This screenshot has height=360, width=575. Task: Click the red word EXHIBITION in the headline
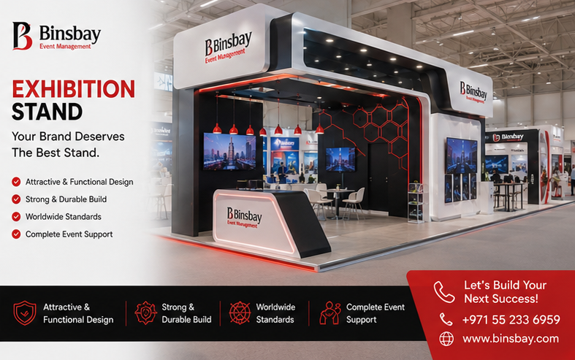(x=73, y=89)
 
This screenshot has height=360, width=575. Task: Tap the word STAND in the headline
(x=47, y=112)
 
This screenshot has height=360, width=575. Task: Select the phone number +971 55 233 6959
(x=511, y=320)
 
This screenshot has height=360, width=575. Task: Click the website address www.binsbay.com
(x=511, y=338)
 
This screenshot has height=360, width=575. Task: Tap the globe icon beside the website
(x=446, y=339)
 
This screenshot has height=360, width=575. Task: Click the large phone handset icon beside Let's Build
(x=444, y=292)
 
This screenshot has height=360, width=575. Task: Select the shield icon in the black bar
(x=25, y=313)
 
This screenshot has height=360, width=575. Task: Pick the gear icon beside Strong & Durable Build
(x=145, y=313)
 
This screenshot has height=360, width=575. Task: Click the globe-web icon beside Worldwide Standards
(x=240, y=313)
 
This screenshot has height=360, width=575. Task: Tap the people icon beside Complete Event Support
(x=330, y=313)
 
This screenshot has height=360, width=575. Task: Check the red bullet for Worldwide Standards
(x=16, y=217)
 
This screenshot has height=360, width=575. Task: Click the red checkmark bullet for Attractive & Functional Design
(x=16, y=182)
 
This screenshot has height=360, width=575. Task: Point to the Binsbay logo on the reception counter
(x=244, y=218)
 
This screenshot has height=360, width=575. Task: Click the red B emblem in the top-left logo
(x=22, y=36)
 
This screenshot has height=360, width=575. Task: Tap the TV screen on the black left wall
(x=230, y=152)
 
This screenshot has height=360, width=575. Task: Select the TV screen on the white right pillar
(x=462, y=156)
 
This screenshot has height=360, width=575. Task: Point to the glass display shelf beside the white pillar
(x=416, y=202)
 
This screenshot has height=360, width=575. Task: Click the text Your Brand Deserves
(x=68, y=137)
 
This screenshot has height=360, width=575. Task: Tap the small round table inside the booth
(x=340, y=202)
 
